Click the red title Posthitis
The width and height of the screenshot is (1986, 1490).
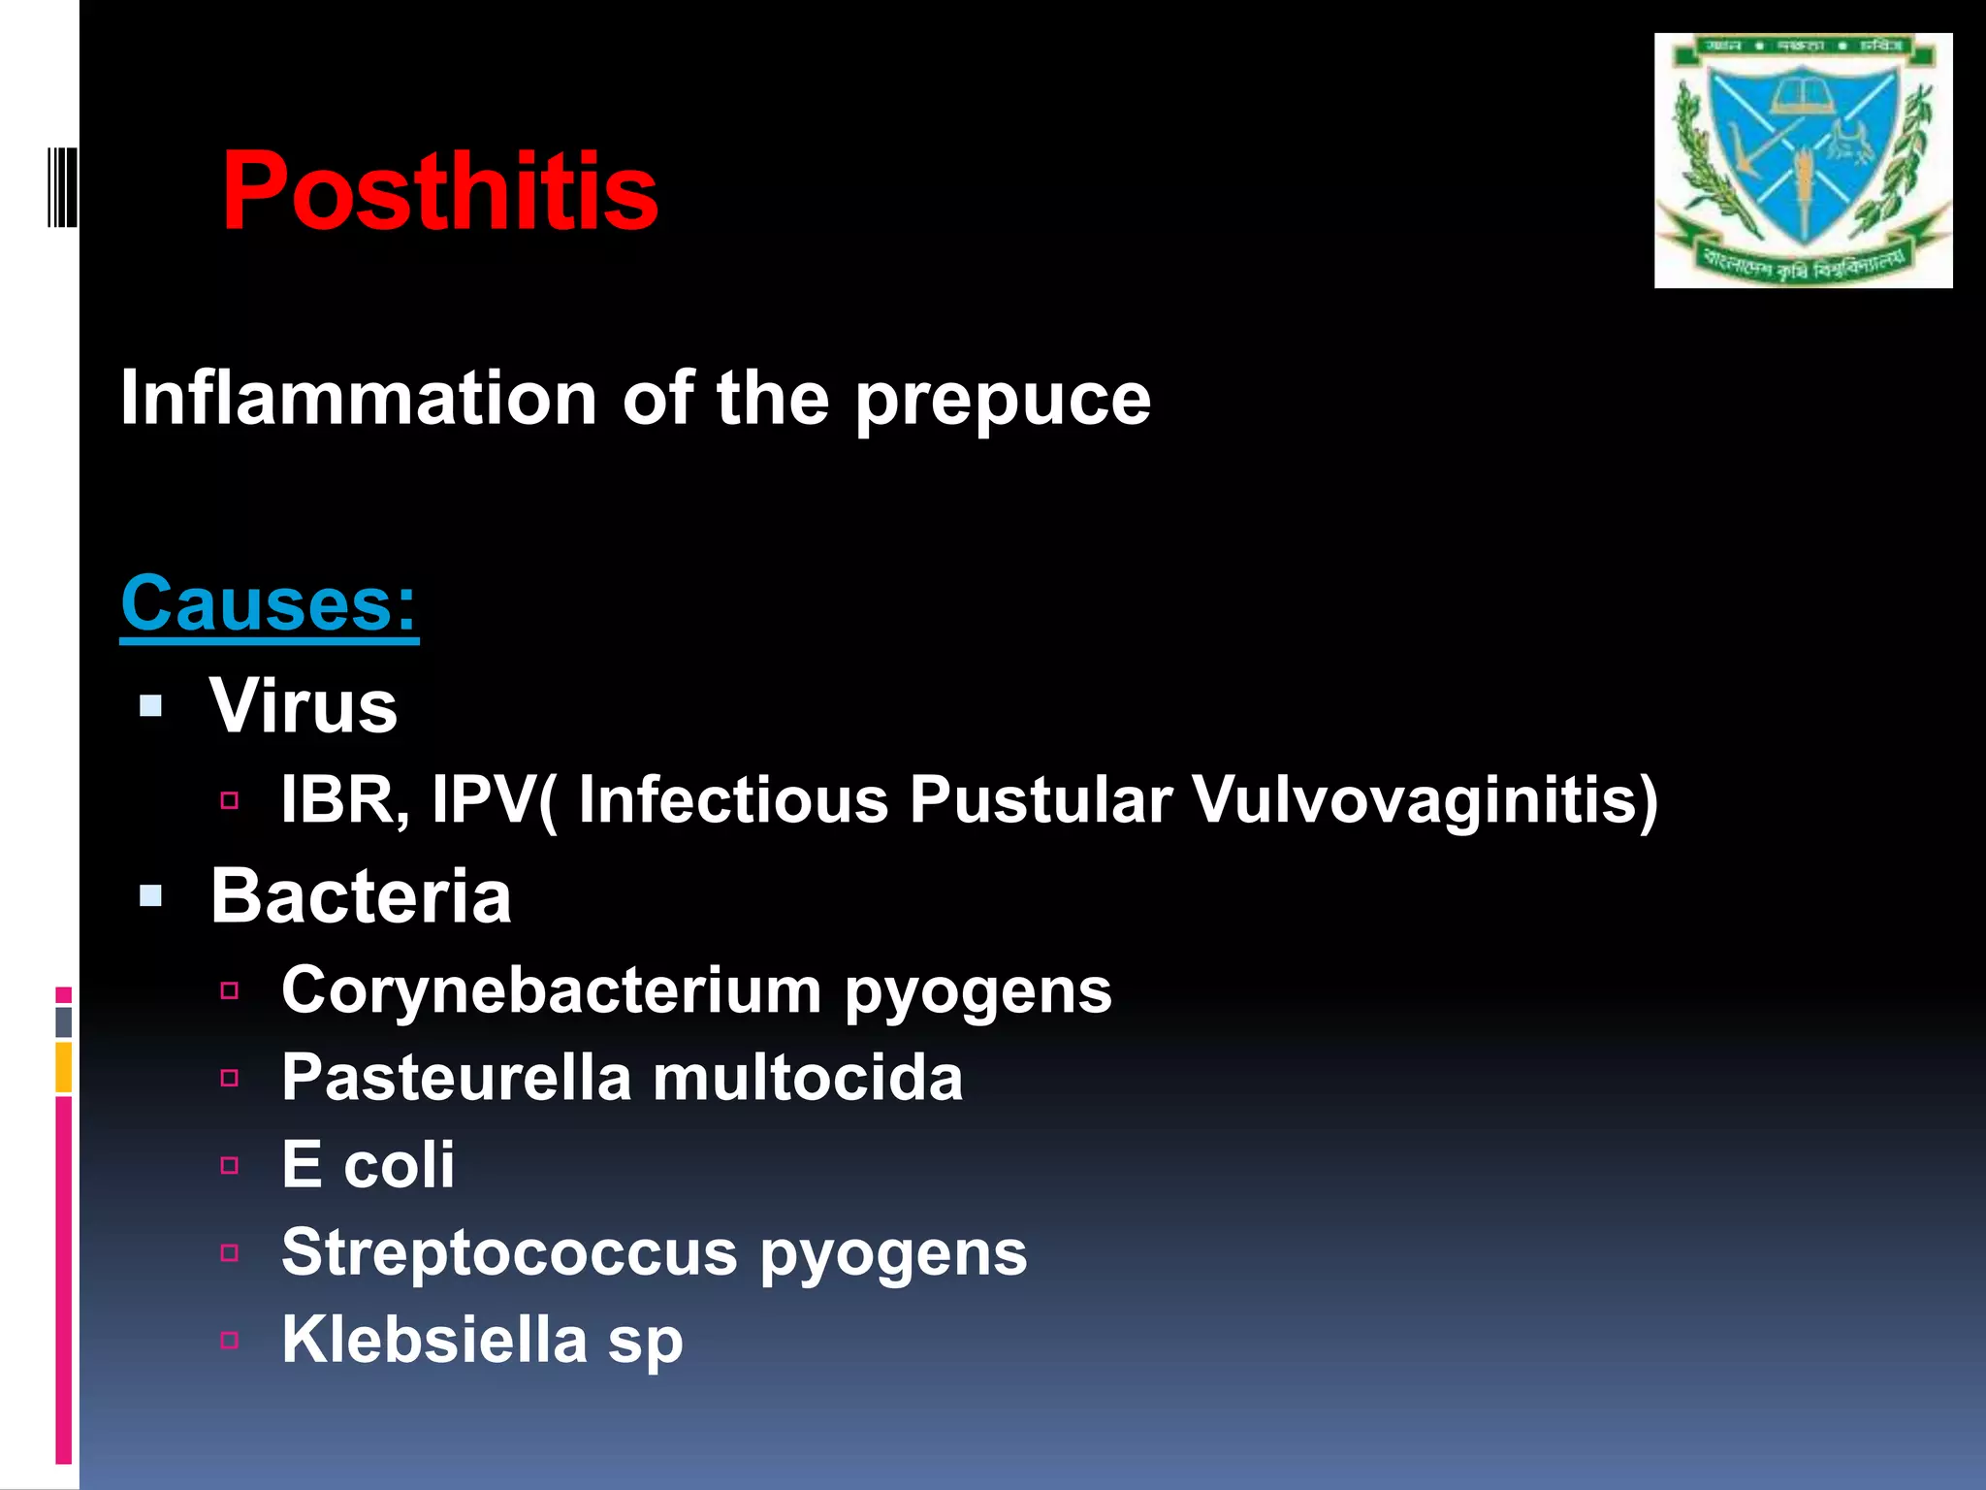click(x=439, y=191)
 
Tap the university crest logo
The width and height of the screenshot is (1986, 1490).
click(x=1803, y=160)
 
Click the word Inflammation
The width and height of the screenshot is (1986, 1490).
click(x=359, y=399)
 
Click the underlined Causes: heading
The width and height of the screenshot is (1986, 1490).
click(x=269, y=603)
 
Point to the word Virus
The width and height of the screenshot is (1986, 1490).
click(x=304, y=706)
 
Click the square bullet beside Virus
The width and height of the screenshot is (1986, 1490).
click(x=150, y=706)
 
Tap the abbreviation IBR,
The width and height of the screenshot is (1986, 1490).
click(x=343, y=800)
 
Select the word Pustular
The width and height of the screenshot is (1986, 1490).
click(x=1041, y=800)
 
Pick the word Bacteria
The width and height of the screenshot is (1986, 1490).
click(x=361, y=896)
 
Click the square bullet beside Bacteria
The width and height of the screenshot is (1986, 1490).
click(x=150, y=896)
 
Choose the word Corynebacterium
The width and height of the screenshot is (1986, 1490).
click(x=551, y=991)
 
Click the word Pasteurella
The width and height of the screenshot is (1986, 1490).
click(x=456, y=1078)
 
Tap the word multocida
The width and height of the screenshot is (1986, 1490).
click(x=808, y=1078)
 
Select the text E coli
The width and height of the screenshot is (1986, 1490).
click(x=368, y=1165)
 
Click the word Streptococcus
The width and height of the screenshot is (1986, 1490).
click(x=509, y=1252)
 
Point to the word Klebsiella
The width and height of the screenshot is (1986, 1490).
click(x=434, y=1340)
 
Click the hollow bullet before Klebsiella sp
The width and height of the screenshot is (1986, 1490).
click(x=230, y=1341)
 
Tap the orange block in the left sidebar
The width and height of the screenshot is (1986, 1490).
click(x=63, y=1067)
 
